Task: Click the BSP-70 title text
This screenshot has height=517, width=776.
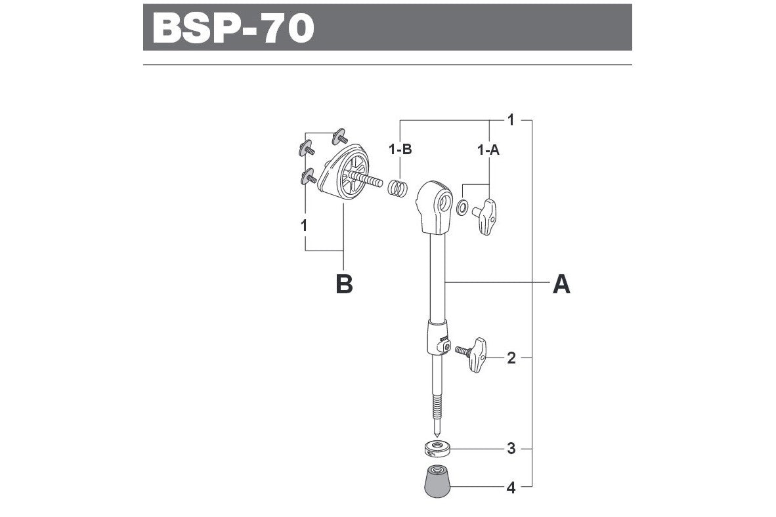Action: click(233, 28)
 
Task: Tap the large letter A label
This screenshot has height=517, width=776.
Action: click(561, 285)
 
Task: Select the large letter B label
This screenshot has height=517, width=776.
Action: click(344, 285)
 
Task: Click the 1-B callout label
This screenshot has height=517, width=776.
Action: click(400, 149)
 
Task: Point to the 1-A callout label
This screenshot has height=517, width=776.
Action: click(488, 150)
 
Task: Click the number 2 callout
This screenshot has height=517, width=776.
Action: click(511, 358)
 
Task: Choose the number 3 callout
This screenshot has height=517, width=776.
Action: click(511, 449)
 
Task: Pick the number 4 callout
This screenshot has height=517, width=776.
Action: click(511, 488)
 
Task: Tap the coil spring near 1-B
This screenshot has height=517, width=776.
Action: click(397, 188)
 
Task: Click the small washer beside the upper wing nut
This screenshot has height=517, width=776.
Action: click(462, 208)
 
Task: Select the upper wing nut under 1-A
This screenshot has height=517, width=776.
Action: click(484, 217)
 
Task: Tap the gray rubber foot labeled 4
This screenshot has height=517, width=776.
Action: click(437, 481)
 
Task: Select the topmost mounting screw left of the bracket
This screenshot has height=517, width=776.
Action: click(339, 136)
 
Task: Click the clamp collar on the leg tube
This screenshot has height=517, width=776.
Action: click(437, 337)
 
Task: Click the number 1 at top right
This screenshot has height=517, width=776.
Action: click(511, 120)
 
